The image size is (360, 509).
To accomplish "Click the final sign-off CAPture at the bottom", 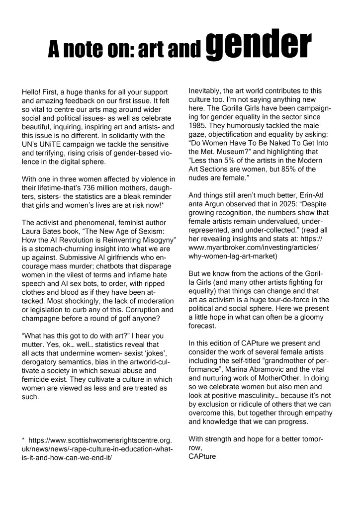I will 202,456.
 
